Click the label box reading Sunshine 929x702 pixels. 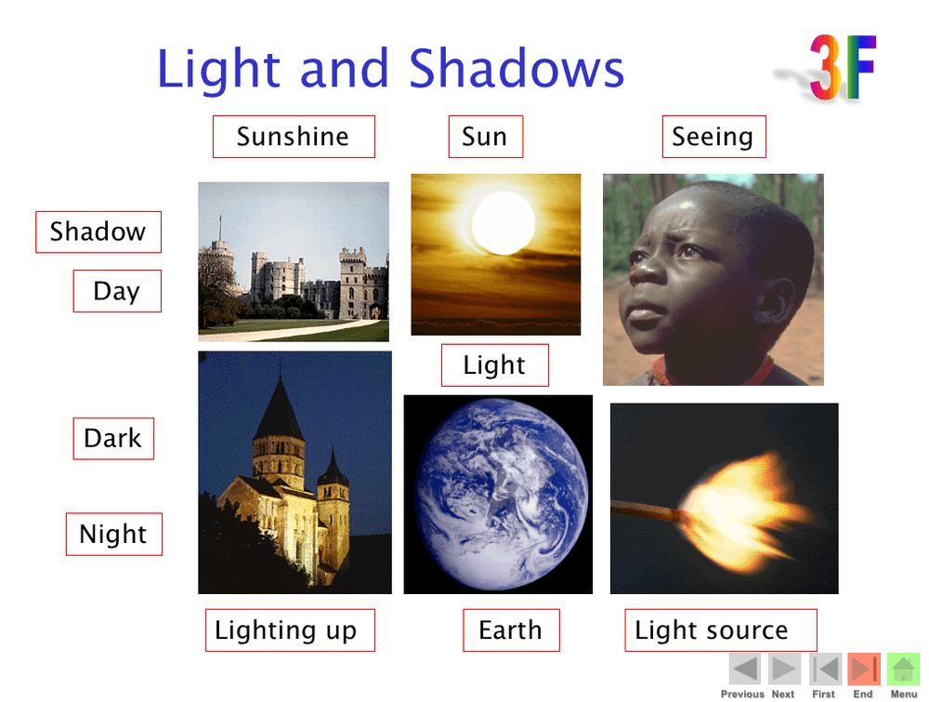[294, 137]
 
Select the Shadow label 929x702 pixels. [98, 232]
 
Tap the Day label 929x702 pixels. [117, 291]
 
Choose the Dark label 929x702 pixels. [113, 439]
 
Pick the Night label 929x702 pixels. [113, 535]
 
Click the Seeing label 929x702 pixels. [713, 137]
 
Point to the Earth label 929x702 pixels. [511, 630]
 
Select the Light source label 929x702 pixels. [721, 630]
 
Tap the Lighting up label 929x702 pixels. [290, 630]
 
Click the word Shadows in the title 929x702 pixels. [517, 69]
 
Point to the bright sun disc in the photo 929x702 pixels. [504, 223]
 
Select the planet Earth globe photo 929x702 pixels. [498, 495]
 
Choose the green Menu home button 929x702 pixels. [903, 669]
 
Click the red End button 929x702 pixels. [864, 669]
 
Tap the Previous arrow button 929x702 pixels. [745, 669]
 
